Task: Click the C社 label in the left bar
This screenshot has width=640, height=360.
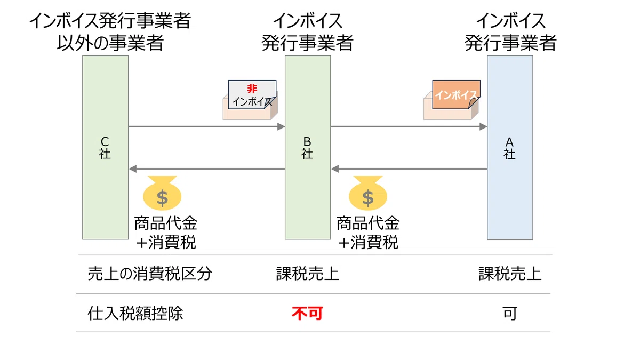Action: click(x=105, y=148)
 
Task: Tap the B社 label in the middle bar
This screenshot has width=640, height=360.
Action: click(x=307, y=148)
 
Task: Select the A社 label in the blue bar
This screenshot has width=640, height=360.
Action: click(x=509, y=148)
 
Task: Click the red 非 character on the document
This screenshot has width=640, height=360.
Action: click(x=252, y=89)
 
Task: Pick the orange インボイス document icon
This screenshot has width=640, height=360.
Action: click(x=456, y=94)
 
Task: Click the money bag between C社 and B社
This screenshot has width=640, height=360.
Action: click(x=162, y=193)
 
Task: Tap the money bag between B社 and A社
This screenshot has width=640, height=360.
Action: click(x=368, y=193)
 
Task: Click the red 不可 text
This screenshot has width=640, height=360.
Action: click(x=307, y=313)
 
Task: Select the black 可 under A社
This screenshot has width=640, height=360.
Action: click(x=510, y=314)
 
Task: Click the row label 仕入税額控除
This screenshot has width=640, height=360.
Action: click(x=135, y=313)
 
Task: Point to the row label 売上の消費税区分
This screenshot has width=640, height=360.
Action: click(x=150, y=274)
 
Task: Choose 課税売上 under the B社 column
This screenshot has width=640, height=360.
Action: click(x=307, y=274)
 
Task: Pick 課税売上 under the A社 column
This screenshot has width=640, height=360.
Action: click(x=510, y=274)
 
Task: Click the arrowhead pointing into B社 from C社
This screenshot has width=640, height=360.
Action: click(x=281, y=126)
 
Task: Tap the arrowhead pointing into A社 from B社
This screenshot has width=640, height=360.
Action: click(x=483, y=126)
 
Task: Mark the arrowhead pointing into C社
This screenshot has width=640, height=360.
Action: click(x=133, y=169)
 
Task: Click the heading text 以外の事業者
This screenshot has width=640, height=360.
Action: click(x=110, y=43)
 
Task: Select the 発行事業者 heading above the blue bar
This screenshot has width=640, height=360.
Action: click(x=510, y=43)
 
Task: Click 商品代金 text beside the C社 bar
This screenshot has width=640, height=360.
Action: click(x=166, y=223)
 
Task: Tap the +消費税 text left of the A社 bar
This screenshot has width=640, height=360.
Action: click(x=368, y=242)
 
